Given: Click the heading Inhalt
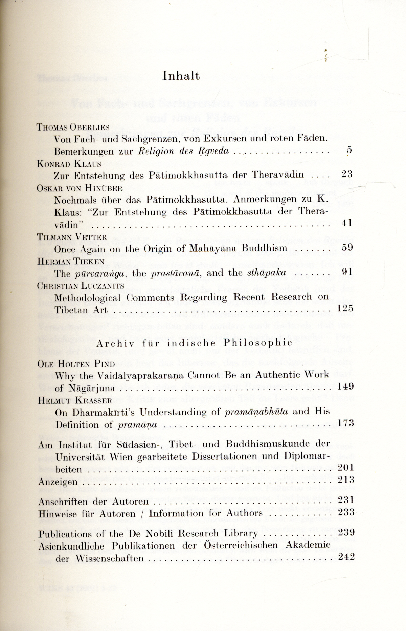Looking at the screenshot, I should point(181,76).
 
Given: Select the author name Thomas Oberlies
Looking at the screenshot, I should point(72,127).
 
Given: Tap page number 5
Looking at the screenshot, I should point(349,150).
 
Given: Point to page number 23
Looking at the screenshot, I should point(347,174).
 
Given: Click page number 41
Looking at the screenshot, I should point(347,223).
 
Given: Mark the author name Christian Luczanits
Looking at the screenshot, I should point(81,286).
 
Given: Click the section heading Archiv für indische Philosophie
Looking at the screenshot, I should point(195,342).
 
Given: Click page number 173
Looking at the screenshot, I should point(345,423).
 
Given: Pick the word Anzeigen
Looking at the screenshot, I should point(58,481).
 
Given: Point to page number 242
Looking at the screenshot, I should point(346,557).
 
